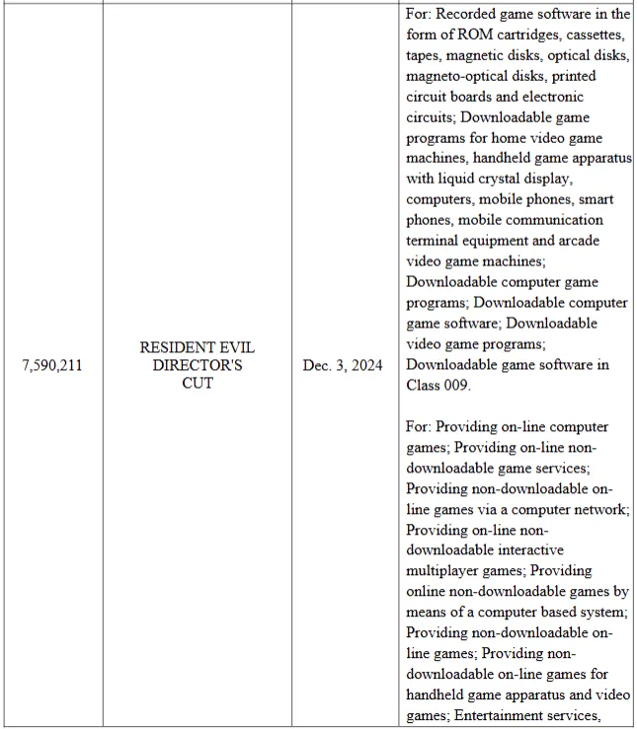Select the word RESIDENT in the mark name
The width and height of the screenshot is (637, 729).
point(170,348)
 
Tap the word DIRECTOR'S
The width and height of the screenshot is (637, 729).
point(198,366)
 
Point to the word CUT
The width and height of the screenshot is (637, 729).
point(198,383)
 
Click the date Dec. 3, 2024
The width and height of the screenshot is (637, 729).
point(343,366)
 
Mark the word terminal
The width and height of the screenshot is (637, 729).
point(434,241)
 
